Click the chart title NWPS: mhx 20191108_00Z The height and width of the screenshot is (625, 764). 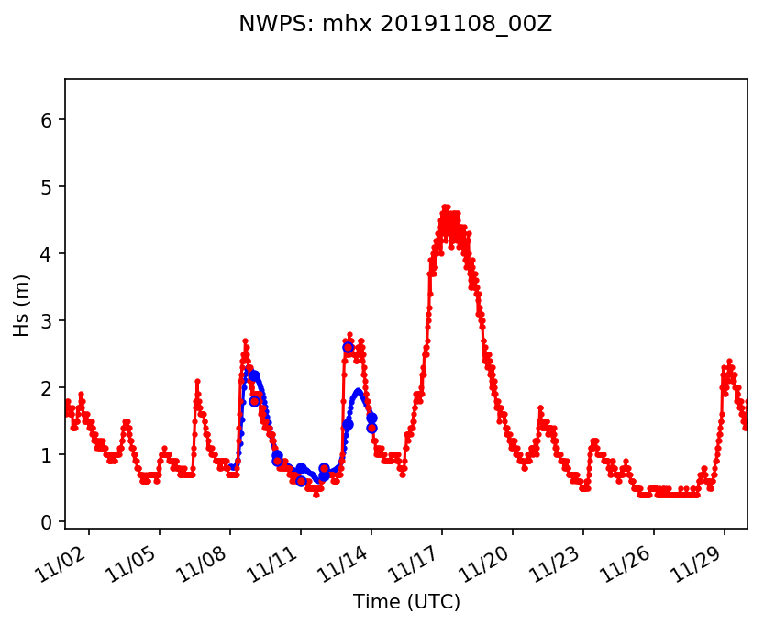pos(394,24)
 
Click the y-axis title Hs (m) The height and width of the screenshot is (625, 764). pos(22,303)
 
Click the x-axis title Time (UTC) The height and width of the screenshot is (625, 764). pos(406,602)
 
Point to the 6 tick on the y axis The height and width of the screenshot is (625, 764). pos(48,120)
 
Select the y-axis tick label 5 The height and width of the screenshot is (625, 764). pos(48,187)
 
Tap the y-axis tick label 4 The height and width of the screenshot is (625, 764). pos(48,254)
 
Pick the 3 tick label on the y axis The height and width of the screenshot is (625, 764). pos(48,321)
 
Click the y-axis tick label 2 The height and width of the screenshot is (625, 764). pos(48,388)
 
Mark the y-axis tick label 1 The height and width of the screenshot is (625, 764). pos(48,455)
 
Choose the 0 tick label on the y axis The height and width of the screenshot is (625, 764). pos(48,522)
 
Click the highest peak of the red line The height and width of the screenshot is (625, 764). pos(446,207)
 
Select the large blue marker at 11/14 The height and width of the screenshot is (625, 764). pos(371,418)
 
